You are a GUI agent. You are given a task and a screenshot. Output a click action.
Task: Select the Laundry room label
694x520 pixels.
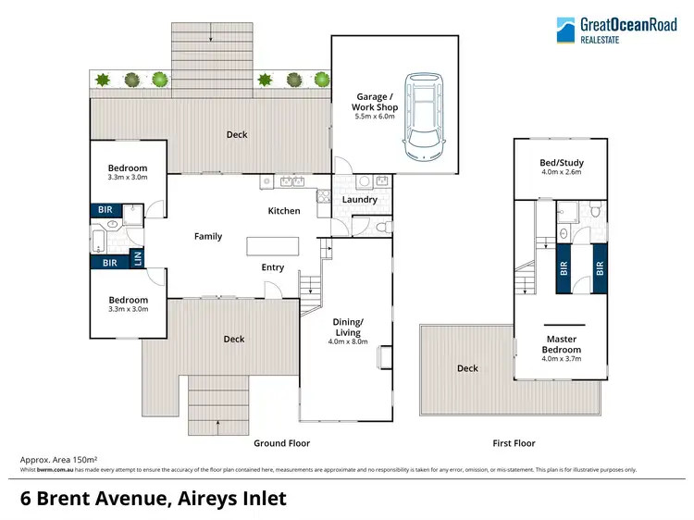tap(359, 199)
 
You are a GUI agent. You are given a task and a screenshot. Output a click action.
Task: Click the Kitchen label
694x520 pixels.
tap(284, 211)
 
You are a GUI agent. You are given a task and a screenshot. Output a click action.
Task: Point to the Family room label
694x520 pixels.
tap(208, 236)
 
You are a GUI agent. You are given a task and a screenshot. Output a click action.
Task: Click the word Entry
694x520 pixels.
tap(273, 267)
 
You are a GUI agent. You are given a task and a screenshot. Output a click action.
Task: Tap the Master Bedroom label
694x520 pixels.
tap(562, 344)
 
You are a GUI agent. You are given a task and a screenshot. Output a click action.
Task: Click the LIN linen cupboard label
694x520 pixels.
tap(139, 259)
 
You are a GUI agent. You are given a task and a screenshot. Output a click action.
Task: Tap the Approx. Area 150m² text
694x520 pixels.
tap(59, 460)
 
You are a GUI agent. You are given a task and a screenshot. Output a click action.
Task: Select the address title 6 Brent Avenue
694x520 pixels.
tap(154, 499)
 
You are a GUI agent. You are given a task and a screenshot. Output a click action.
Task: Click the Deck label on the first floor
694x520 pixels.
tap(467, 368)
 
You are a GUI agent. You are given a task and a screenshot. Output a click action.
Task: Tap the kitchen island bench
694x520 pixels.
tap(273, 246)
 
